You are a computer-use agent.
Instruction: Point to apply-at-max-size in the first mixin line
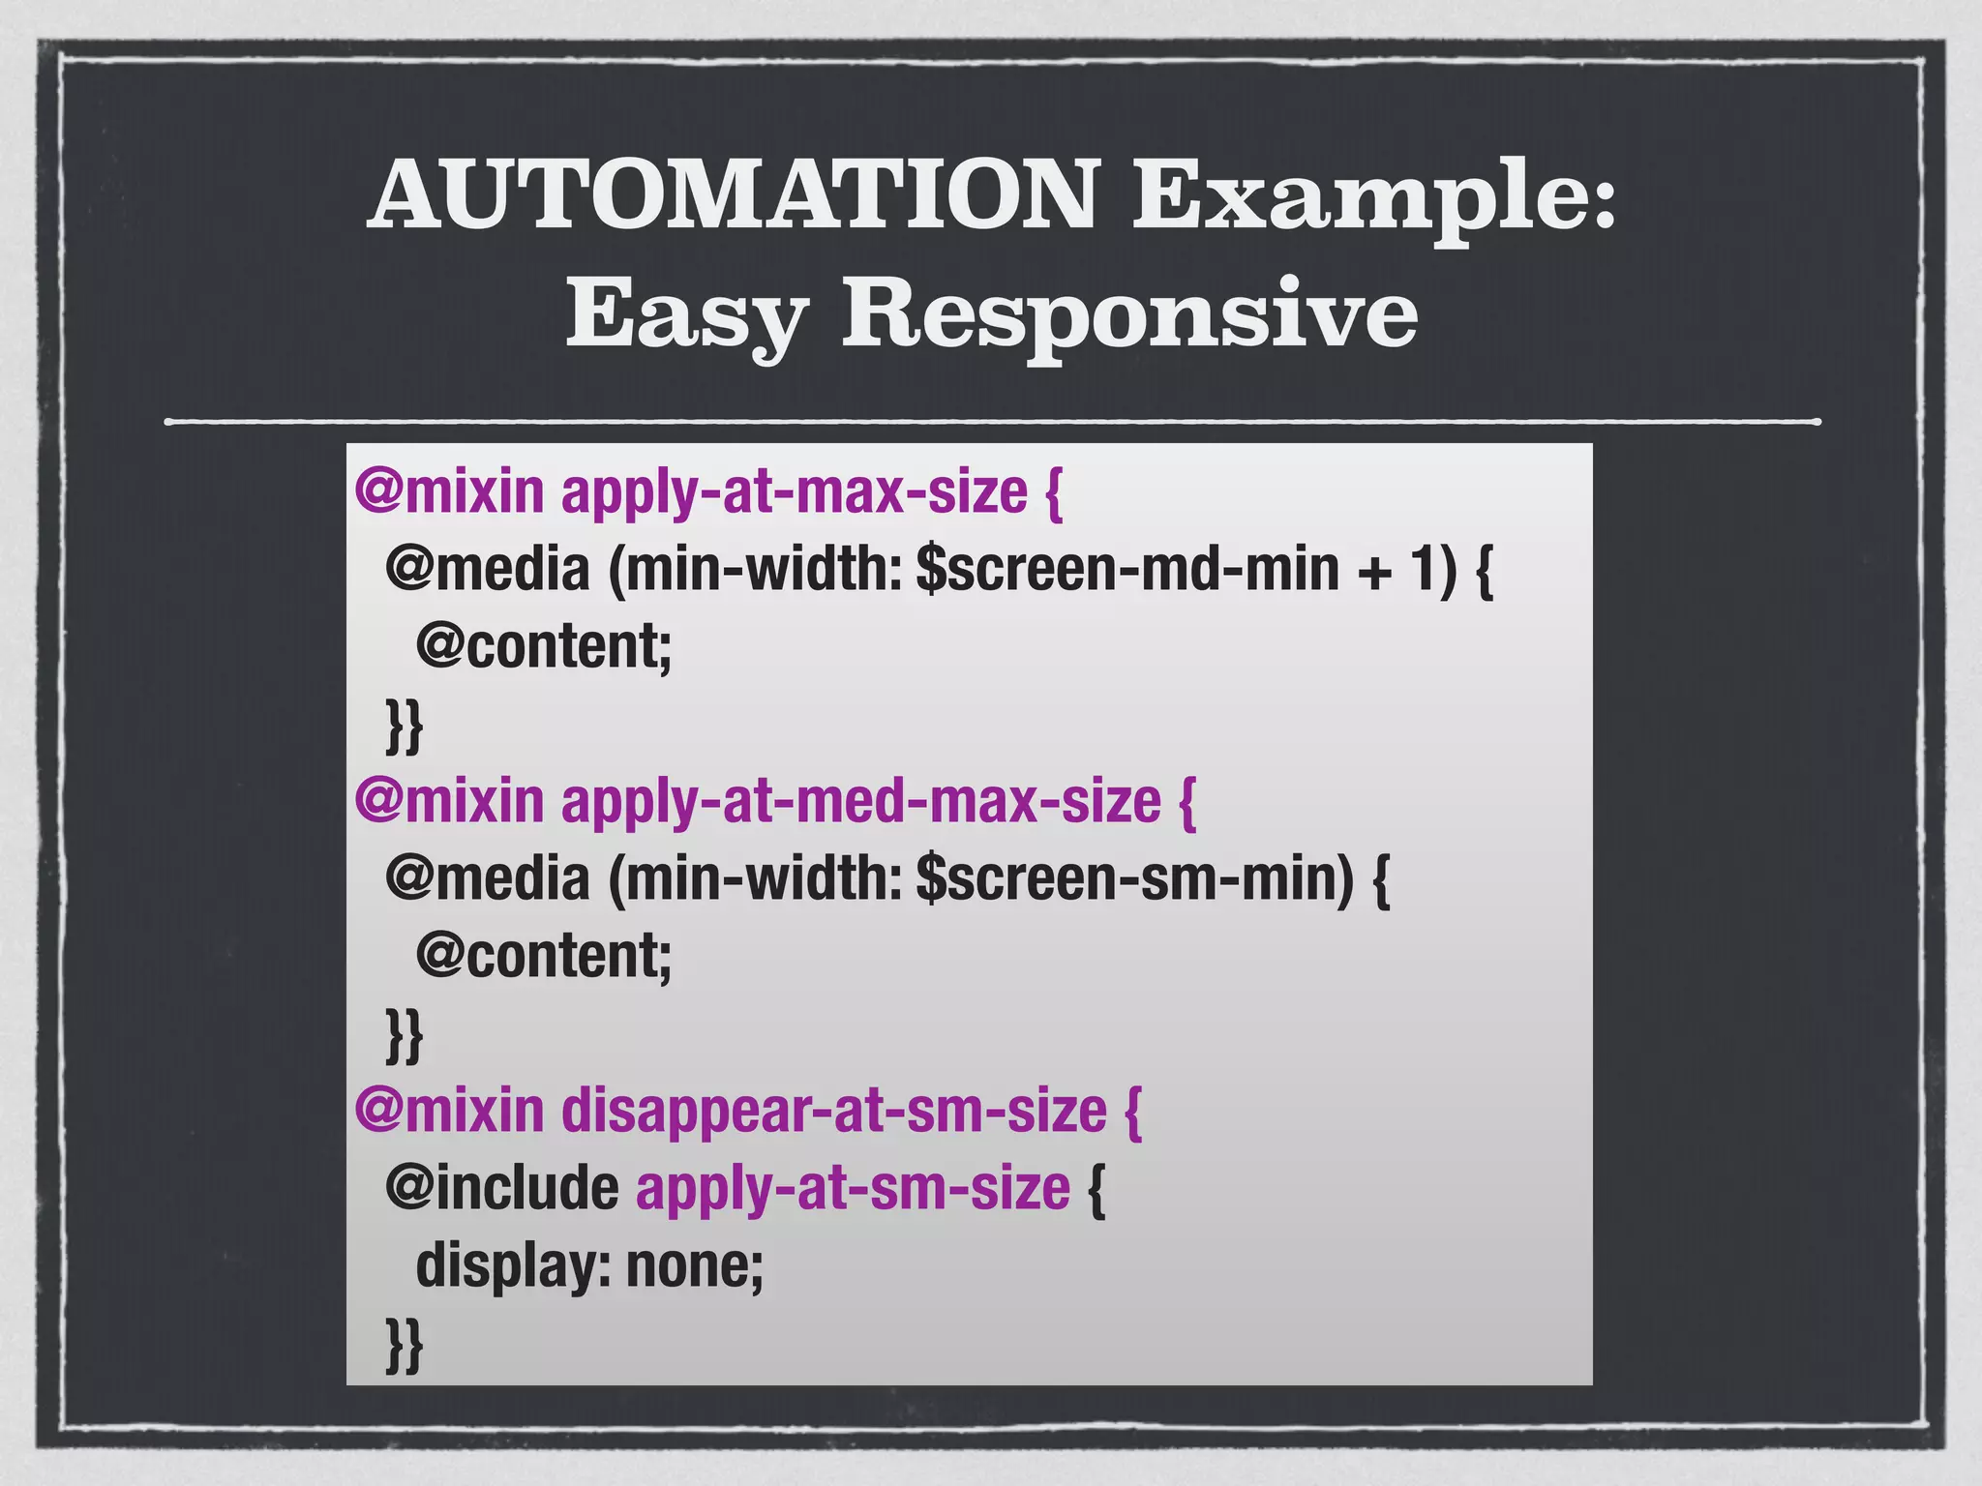click(x=794, y=492)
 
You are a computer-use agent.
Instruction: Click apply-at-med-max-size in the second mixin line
click(x=860, y=802)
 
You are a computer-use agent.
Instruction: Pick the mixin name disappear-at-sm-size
click(x=833, y=1112)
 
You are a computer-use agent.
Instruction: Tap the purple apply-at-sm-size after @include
click(x=853, y=1190)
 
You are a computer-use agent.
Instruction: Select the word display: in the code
click(x=513, y=1266)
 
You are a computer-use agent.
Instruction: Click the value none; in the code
click(x=694, y=1266)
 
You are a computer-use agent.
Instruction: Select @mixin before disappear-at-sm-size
click(x=449, y=1112)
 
